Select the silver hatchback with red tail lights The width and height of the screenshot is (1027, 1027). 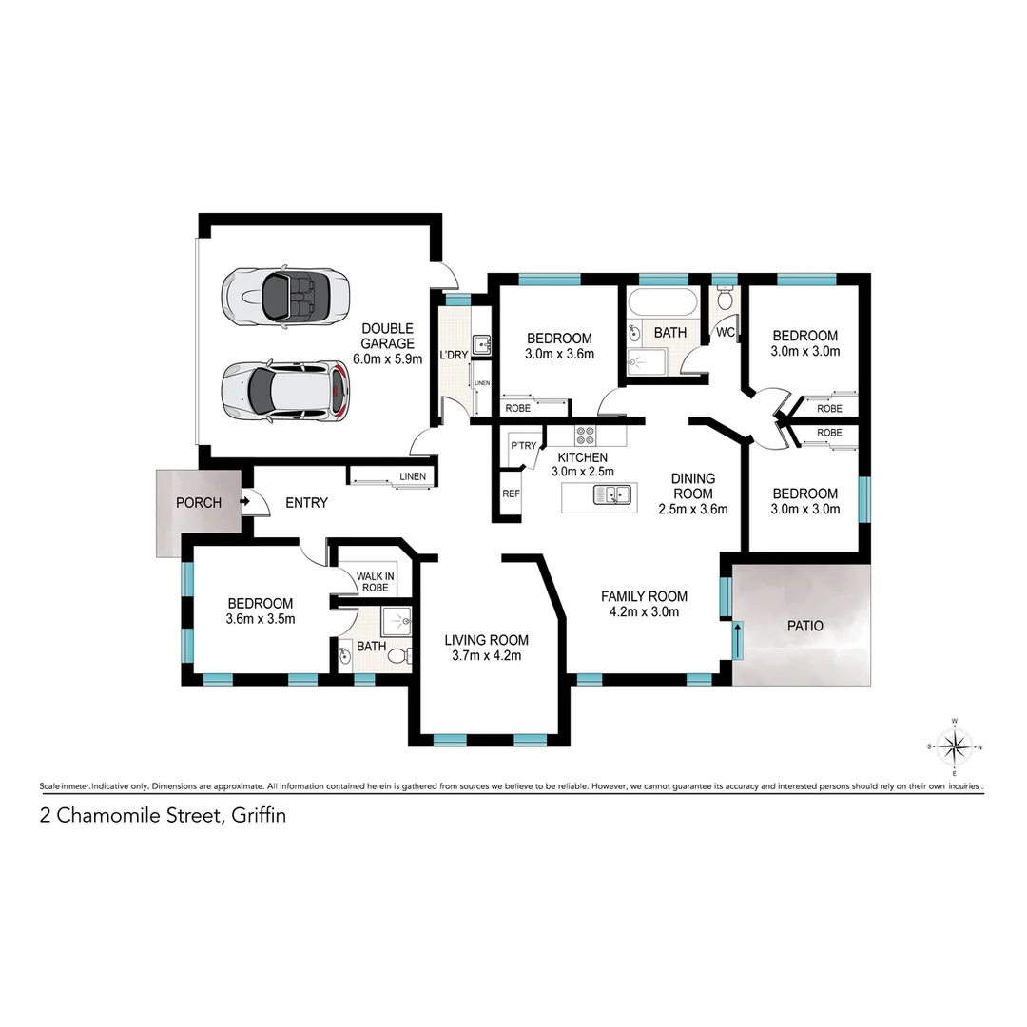click(x=285, y=391)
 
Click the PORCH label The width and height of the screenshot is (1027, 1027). click(x=199, y=503)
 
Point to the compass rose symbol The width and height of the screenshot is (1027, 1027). click(x=955, y=746)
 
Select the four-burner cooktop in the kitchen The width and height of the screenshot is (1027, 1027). click(x=586, y=436)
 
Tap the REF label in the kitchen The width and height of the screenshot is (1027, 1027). click(x=511, y=494)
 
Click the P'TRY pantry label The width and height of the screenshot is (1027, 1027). click(x=522, y=446)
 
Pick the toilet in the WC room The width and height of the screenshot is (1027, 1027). click(x=726, y=300)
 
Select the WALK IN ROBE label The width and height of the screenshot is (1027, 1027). click(x=376, y=581)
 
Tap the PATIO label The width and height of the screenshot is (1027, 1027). click(x=804, y=627)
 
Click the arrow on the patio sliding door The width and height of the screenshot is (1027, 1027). click(x=737, y=640)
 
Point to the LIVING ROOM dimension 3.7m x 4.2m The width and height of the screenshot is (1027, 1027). click(x=486, y=655)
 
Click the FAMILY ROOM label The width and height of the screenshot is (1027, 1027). click(x=644, y=596)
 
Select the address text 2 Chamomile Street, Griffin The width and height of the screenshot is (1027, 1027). click(x=163, y=815)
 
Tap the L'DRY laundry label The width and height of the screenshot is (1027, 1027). click(x=453, y=355)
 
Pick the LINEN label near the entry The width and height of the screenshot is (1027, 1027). click(x=412, y=476)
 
